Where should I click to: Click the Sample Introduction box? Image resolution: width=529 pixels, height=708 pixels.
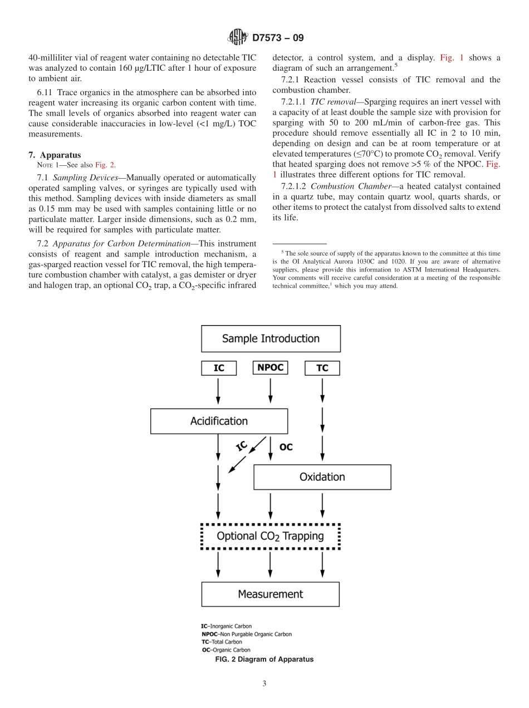(271, 338)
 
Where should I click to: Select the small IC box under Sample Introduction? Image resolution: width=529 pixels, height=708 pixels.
(219, 368)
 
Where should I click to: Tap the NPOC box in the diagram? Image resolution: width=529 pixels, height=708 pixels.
(271, 367)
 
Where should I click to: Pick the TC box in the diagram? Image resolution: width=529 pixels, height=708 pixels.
(322, 368)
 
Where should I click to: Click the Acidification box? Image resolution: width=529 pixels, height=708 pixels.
(219, 421)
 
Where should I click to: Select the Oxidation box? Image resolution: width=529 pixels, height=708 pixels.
(322, 477)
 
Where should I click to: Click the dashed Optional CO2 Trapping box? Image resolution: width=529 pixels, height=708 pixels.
(270, 537)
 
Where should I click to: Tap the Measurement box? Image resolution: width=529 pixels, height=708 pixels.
(270, 594)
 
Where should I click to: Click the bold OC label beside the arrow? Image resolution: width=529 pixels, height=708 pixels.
(286, 446)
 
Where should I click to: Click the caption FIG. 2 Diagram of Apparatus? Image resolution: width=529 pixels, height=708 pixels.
(264, 660)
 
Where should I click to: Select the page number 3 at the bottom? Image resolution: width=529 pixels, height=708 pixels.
(264, 684)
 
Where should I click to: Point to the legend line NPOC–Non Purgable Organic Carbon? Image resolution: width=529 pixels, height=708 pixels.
(246, 634)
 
